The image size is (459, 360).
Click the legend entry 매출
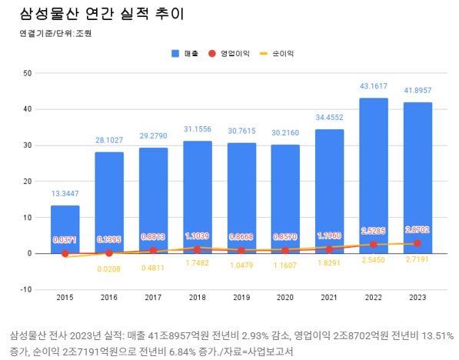coord(185,54)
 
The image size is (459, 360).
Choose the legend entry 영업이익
coord(230,54)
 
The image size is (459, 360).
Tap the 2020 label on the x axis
coord(285,297)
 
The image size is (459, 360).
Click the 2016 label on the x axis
coord(109,297)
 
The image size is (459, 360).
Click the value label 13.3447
coord(65,194)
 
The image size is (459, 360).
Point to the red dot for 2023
coord(417,243)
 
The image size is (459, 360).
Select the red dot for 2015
coord(65,253)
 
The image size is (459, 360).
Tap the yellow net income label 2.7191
coord(417,262)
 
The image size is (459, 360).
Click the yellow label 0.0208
coord(109,268)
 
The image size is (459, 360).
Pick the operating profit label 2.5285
coord(374,231)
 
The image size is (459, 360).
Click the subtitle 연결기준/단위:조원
coord(57,34)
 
